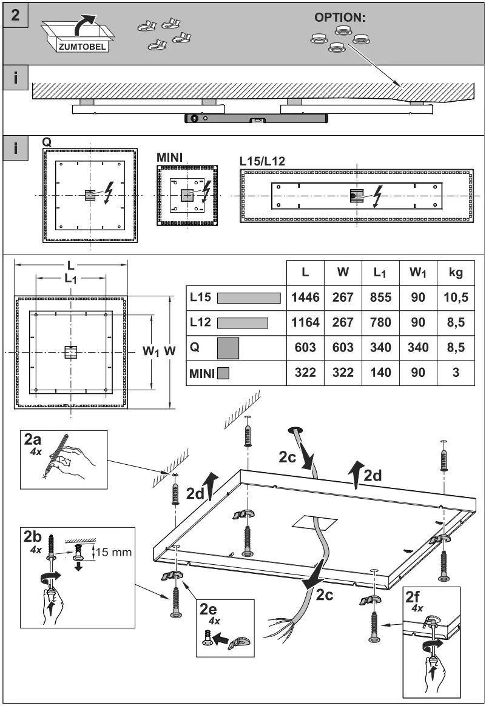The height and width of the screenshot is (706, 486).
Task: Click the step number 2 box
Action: tap(16, 15)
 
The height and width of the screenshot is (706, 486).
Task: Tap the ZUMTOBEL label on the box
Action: tap(83, 45)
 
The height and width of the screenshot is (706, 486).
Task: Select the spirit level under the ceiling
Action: tap(256, 119)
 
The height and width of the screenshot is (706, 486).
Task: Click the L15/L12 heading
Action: tap(262, 161)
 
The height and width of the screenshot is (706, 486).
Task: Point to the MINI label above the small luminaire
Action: tap(170, 157)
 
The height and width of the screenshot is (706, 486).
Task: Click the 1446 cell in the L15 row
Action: tap(305, 298)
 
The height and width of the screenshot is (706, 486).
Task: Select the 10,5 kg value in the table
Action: tap(456, 298)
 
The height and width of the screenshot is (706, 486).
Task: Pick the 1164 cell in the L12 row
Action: tap(305, 322)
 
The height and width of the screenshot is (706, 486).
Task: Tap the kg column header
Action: tap(456, 273)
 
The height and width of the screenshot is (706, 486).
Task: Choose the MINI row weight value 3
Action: tap(456, 373)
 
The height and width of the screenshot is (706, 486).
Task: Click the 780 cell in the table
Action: tap(380, 322)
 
